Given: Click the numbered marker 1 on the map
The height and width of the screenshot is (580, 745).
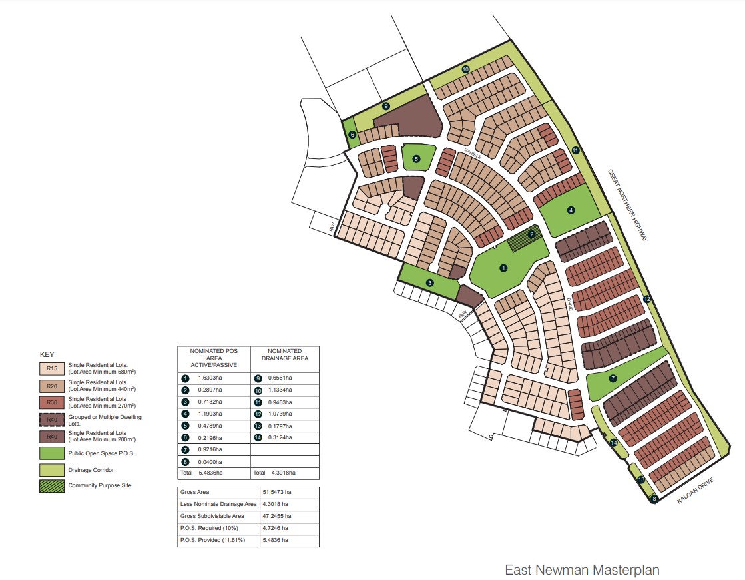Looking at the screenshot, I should coord(503,268).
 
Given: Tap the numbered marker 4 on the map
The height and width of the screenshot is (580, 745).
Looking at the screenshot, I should coord(571,210).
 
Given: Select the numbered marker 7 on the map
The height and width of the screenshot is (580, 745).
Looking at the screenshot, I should coord(613,378).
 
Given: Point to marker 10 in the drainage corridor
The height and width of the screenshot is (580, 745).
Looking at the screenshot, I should coord(465,69).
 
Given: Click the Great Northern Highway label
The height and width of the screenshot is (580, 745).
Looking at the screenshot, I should coord(628,204).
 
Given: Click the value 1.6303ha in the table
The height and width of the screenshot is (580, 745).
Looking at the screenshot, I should coord(210,378).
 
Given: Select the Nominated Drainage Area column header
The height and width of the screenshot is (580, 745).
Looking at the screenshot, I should coord(284,354).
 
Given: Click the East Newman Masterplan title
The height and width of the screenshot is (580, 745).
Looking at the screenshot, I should coord(582,570).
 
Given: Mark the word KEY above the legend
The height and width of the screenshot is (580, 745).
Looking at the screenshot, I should coord(47,354).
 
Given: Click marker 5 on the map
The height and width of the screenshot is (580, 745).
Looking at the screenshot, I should coord(417,158).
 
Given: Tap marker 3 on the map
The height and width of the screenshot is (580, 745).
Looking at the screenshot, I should coord(430,283).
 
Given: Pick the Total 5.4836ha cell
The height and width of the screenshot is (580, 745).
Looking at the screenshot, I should coord(204,473).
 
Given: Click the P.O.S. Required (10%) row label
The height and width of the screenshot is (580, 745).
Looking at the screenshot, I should coord(210,529).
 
